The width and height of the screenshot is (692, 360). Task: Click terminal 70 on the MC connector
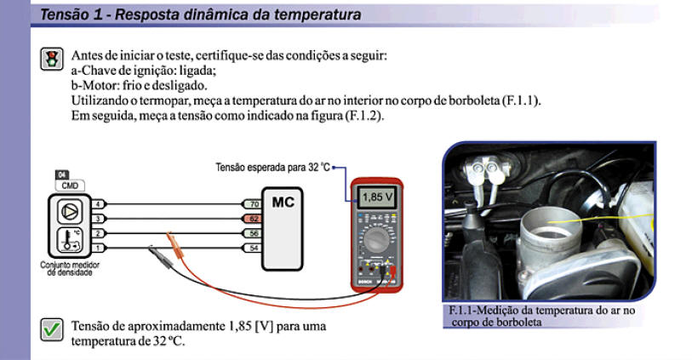point(254,205)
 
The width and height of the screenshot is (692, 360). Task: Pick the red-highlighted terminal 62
point(254,219)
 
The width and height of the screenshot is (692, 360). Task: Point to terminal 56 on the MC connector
point(254,232)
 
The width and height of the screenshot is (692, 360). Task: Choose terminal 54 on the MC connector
point(254,247)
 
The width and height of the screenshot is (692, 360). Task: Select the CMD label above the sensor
point(66,185)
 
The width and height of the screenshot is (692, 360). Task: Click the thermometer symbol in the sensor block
point(67,239)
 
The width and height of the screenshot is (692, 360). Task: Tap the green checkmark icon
point(52,329)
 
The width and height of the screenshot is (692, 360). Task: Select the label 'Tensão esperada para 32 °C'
point(272,168)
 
